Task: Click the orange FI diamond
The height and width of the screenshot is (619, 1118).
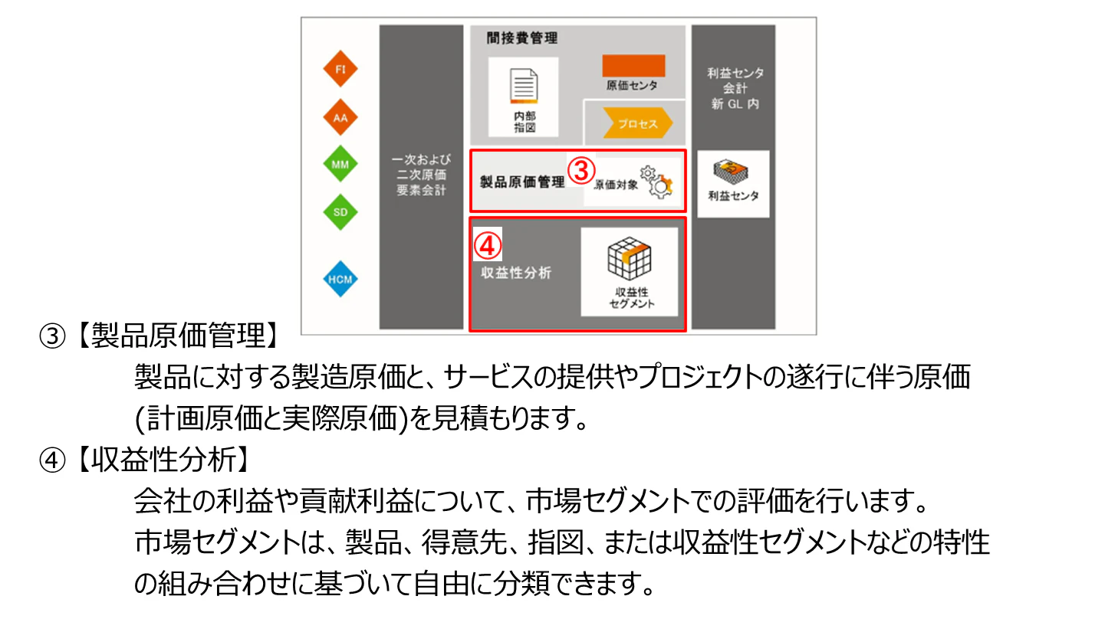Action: click(340, 69)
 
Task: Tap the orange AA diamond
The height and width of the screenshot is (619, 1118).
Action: click(340, 118)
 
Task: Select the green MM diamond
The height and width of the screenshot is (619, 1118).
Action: click(340, 164)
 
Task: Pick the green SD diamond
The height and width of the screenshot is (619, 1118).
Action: click(340, 212)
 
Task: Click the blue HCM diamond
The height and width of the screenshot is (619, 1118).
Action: click(340, 279)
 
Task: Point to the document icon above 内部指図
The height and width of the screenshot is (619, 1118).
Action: click(524, 86)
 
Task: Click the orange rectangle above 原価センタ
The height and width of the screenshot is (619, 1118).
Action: click(633, 65)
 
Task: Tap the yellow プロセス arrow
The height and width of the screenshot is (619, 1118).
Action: click(637, 123)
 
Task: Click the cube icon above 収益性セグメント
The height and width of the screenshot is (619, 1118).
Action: click(630, 258)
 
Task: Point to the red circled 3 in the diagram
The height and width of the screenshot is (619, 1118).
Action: click(581, 171)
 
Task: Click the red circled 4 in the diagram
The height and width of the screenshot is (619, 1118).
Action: click(487, 246)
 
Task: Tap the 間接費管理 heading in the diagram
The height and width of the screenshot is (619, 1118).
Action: click(521, 38)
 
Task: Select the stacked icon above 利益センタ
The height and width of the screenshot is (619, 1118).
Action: click(731, 172)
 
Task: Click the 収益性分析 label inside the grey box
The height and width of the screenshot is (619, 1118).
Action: click(516, 273)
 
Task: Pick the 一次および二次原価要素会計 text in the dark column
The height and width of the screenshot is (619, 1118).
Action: click(421, 175)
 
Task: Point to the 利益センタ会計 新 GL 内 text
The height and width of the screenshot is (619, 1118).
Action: click(735, 88)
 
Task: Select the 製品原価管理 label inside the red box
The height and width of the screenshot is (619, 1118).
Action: click(522, 182)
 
